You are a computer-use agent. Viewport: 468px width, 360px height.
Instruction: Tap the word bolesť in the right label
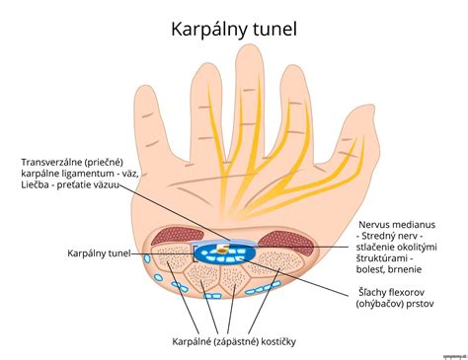[x=378, y=265]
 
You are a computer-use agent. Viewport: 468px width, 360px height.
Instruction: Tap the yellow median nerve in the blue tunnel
[x=228, y=250]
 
